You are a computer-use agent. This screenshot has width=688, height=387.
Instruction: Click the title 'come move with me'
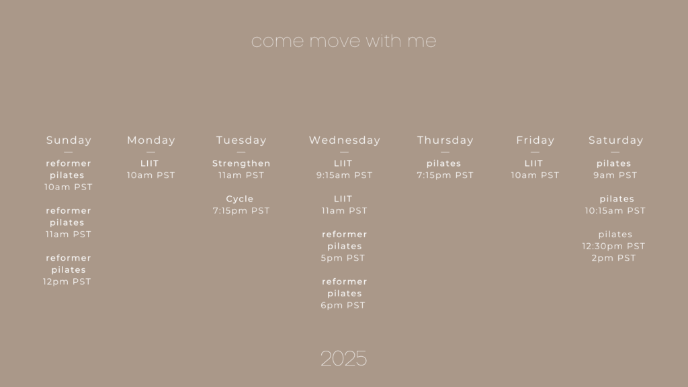tap(343, 41)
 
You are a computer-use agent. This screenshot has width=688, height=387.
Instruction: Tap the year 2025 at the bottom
tap(343, 359)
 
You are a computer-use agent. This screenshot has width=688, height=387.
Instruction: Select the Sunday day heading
tap(69, 140)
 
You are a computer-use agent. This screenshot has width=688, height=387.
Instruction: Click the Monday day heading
tap(151, 140)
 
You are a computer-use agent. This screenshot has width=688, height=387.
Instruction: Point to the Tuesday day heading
tap(241, 140)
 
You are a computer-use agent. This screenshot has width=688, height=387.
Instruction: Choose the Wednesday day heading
tap(345, 140)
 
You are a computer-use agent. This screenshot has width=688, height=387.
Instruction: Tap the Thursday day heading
tap(445, 140)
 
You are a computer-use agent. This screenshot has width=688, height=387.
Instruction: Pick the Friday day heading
tap(535, 140)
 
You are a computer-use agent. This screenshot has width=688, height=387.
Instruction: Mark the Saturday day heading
tap(615, 140)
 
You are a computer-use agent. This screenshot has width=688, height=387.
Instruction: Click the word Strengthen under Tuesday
tap(241, 164)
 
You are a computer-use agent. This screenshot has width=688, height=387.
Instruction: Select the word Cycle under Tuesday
tap(240, 199)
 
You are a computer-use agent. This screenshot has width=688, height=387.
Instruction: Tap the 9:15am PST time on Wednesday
tap(345, 175)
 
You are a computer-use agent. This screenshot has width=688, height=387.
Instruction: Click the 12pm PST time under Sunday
tap(67, 282)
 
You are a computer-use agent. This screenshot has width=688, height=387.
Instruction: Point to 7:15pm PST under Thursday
tap(445, 175)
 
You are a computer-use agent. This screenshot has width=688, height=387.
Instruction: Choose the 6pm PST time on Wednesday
tap(343, 306)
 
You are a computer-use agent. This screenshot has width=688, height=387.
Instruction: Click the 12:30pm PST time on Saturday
tap(614, 246)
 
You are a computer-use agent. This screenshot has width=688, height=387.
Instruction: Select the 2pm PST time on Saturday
tap(614, 258)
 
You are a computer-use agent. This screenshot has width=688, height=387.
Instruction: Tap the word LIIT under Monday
tap(150, 164)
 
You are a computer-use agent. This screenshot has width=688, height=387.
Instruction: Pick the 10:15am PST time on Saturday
tap(615, 210)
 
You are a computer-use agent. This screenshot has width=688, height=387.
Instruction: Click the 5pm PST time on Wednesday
tap(343, 258)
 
